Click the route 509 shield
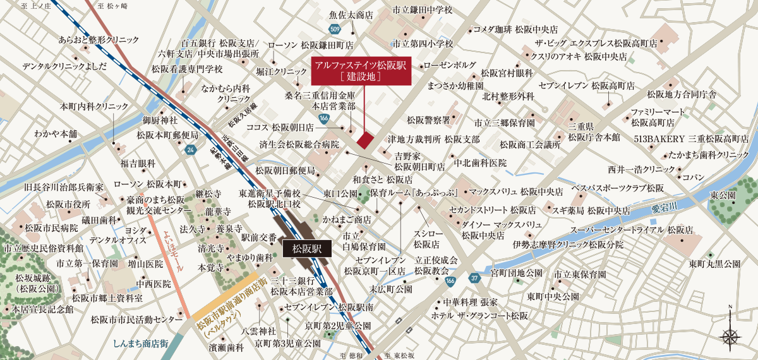(x=335, y=29)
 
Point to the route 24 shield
(x=190, y=150)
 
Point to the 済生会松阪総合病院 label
(x=299, y=145)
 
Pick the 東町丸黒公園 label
(x=714, y=263)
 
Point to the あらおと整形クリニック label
(x=99, y=39)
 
